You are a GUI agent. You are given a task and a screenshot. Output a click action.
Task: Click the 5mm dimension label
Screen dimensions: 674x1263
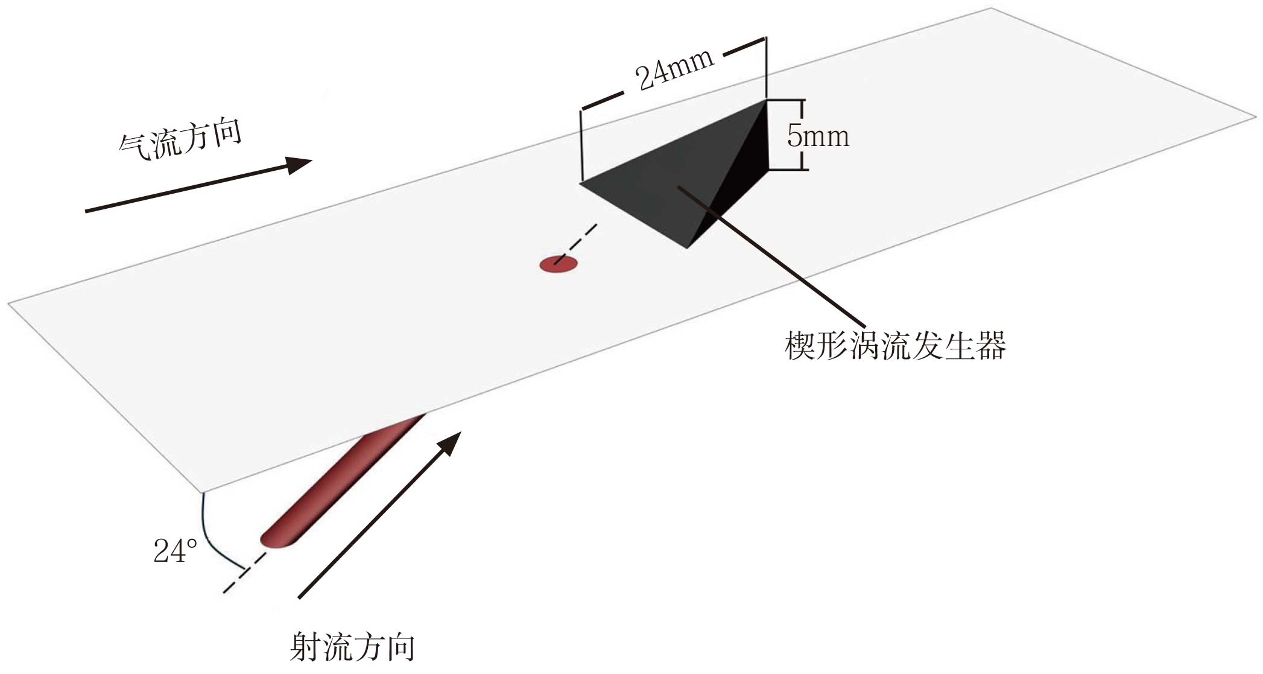[818, 136]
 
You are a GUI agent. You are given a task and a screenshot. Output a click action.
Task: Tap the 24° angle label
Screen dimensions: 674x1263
[175, 551]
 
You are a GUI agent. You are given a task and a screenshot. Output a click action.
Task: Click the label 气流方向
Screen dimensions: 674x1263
[180, 141]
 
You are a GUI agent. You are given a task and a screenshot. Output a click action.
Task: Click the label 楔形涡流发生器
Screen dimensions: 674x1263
[896, 347]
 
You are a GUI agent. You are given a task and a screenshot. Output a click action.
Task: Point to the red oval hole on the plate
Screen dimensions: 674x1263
[558, 264]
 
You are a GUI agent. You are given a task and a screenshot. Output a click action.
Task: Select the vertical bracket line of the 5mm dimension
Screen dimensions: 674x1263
[802, 135]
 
